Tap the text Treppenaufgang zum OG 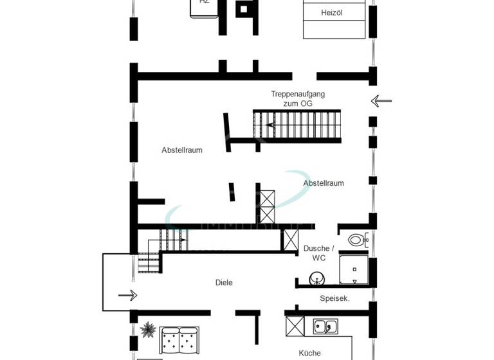(297, 98)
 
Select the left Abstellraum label (182, 150)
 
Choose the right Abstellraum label (324, 183)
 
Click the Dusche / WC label (318, 253)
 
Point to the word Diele (224, 283)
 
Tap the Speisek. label (334, 298)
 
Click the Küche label (309, 353)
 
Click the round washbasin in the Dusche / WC (316, 278)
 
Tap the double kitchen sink (325, 327)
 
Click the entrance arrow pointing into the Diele (128, 295)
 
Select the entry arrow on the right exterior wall (381, 101)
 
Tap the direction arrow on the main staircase (271, 125)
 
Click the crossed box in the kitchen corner (295, 327)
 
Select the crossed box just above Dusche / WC (290, 240)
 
